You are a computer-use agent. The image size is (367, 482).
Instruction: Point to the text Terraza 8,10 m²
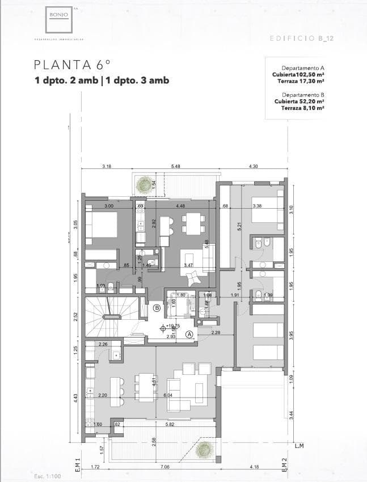pos(302,108)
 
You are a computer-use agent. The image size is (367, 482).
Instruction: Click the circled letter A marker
pos(189,335)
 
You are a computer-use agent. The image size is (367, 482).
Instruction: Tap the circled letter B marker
pos(157,308)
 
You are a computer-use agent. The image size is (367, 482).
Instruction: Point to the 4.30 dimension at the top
pos(254,166)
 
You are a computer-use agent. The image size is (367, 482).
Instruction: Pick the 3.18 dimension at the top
pos(107,166)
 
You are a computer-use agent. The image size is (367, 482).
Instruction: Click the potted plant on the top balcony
pos(146,183)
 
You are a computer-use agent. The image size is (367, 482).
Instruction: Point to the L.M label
pos(299,446)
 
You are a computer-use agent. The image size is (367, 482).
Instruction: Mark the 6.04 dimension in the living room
pos(168,395)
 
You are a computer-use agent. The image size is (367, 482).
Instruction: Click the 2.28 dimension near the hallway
pos(216,332)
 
